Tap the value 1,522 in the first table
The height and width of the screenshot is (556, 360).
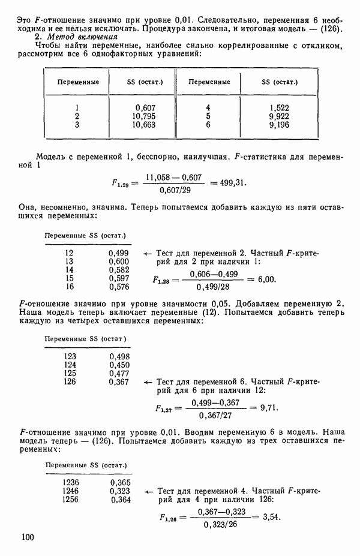coord(280,108)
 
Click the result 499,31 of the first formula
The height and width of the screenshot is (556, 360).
coord(230,183)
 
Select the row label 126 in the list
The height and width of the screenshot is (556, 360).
coord(70,381)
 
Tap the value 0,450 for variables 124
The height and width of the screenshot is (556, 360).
coord(119,365)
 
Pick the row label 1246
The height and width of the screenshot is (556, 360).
coord(71,491)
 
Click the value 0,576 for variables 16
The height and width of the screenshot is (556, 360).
coord(119,287)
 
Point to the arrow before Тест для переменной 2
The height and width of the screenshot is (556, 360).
coord(147,253)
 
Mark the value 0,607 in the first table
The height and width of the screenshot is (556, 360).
coord(146,108)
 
